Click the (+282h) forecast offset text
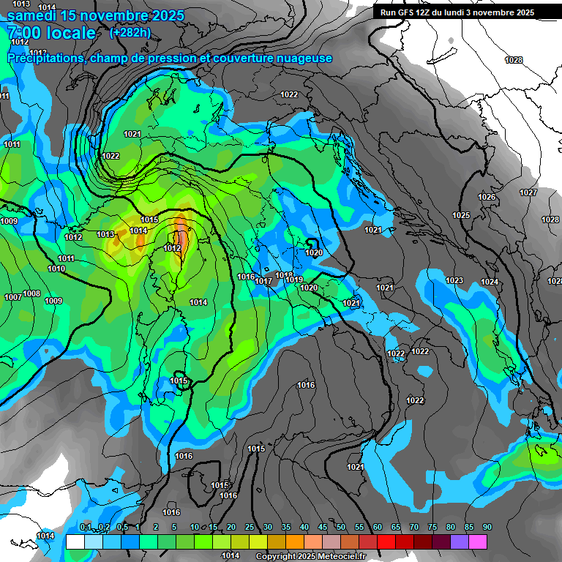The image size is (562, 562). coord(130,32)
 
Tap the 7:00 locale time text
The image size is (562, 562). coord(51,33)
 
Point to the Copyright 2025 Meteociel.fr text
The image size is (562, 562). coord(310,556)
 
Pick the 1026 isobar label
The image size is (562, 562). coord(487,197)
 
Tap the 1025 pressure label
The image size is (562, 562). coord(461,215)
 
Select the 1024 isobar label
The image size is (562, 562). coord(490,282)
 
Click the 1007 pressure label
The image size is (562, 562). coord(12,297)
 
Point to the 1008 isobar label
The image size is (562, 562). coord(31,293)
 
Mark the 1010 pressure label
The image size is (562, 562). coord(56,269)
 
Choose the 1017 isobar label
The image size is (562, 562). coord(264,281)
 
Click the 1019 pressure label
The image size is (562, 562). coord(295,280)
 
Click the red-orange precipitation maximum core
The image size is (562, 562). coord(181,237)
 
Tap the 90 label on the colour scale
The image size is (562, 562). coord(487,527)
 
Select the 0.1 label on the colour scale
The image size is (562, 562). coord(86,527)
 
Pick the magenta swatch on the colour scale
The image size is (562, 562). coord(478,542)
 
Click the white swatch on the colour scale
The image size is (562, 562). coord(75,542)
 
